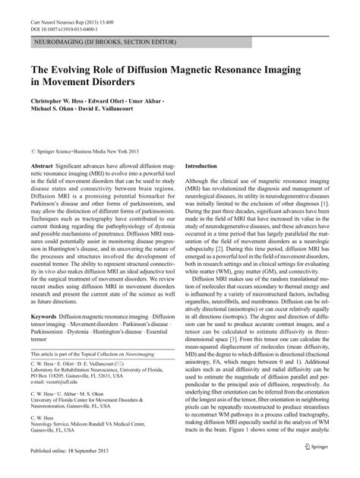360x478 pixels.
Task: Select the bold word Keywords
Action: point(44,336)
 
